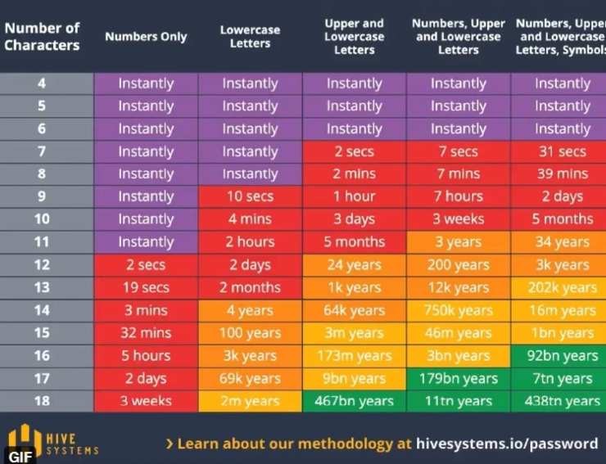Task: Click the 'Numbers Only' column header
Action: [146, 37]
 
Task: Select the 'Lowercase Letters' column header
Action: [250, 37]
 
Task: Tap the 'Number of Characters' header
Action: [42, 37]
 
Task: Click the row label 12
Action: [42, 264]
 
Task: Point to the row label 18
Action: [42, 401]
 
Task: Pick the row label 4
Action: [42, 83]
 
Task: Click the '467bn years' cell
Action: [354, 401]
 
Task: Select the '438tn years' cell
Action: [562, 401]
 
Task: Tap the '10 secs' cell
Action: [250, 196]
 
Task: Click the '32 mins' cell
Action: [146, 333]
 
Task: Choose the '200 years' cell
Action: [458, 264]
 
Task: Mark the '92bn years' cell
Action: [562, 355]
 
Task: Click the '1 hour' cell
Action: [354, 196]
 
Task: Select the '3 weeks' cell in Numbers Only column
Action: [146, 401]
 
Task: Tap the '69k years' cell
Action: [250, 378]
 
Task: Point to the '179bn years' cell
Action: [458, 378]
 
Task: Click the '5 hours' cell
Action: [146, 355]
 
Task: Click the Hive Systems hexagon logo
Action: [25, 440]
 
